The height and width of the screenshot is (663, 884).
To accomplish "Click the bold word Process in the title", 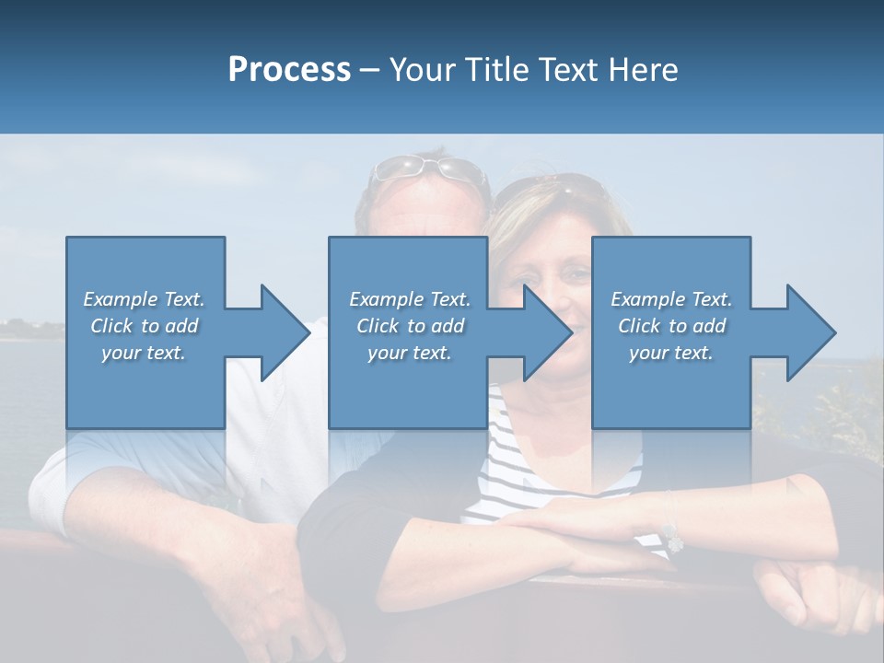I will coord(289,70).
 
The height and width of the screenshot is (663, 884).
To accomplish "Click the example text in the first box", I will coord(144,326).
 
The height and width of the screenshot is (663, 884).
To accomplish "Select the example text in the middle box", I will coord(410,326).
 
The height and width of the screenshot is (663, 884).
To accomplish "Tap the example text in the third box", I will coord(671,326).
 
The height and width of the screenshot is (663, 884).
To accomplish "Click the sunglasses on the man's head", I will coord(429,169).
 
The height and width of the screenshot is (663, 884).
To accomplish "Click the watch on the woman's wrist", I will coord(671,534).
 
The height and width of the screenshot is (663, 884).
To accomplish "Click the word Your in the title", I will coord(422,70).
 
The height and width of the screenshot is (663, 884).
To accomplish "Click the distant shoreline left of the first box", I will coord(32,327).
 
